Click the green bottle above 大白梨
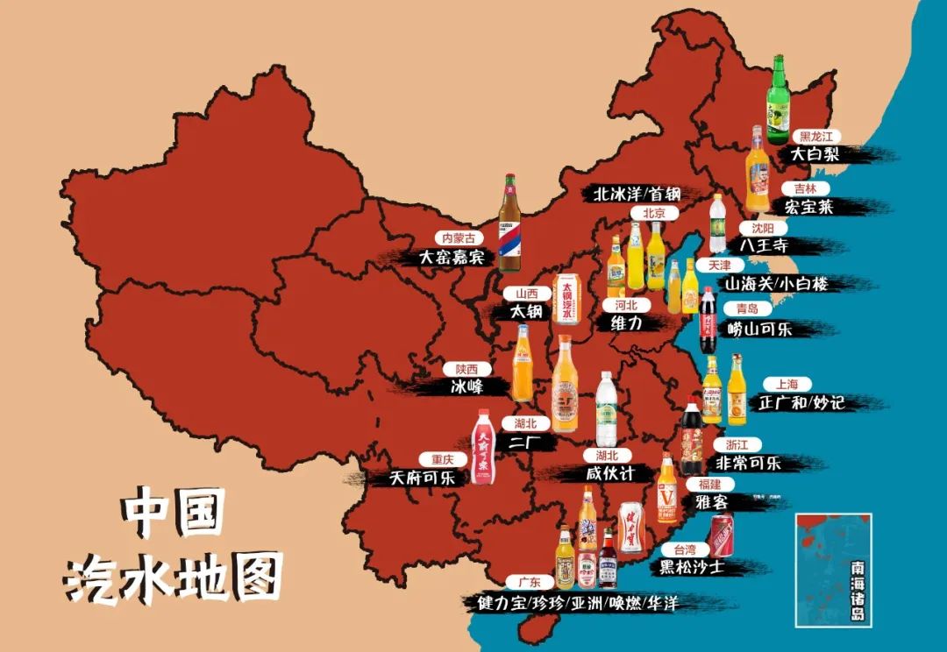click(778, 101)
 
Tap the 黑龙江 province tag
click(815, 137)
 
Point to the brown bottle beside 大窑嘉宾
click(509, 223)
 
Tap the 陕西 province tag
click(466, 369)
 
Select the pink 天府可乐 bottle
click(481, 447)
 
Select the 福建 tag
click(709, 484)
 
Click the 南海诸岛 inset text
click(857, 592)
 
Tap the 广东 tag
click(530, 582)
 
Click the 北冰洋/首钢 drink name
click(637, 193)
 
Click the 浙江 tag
click(737, 444)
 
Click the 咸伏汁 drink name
click(619, 473)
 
